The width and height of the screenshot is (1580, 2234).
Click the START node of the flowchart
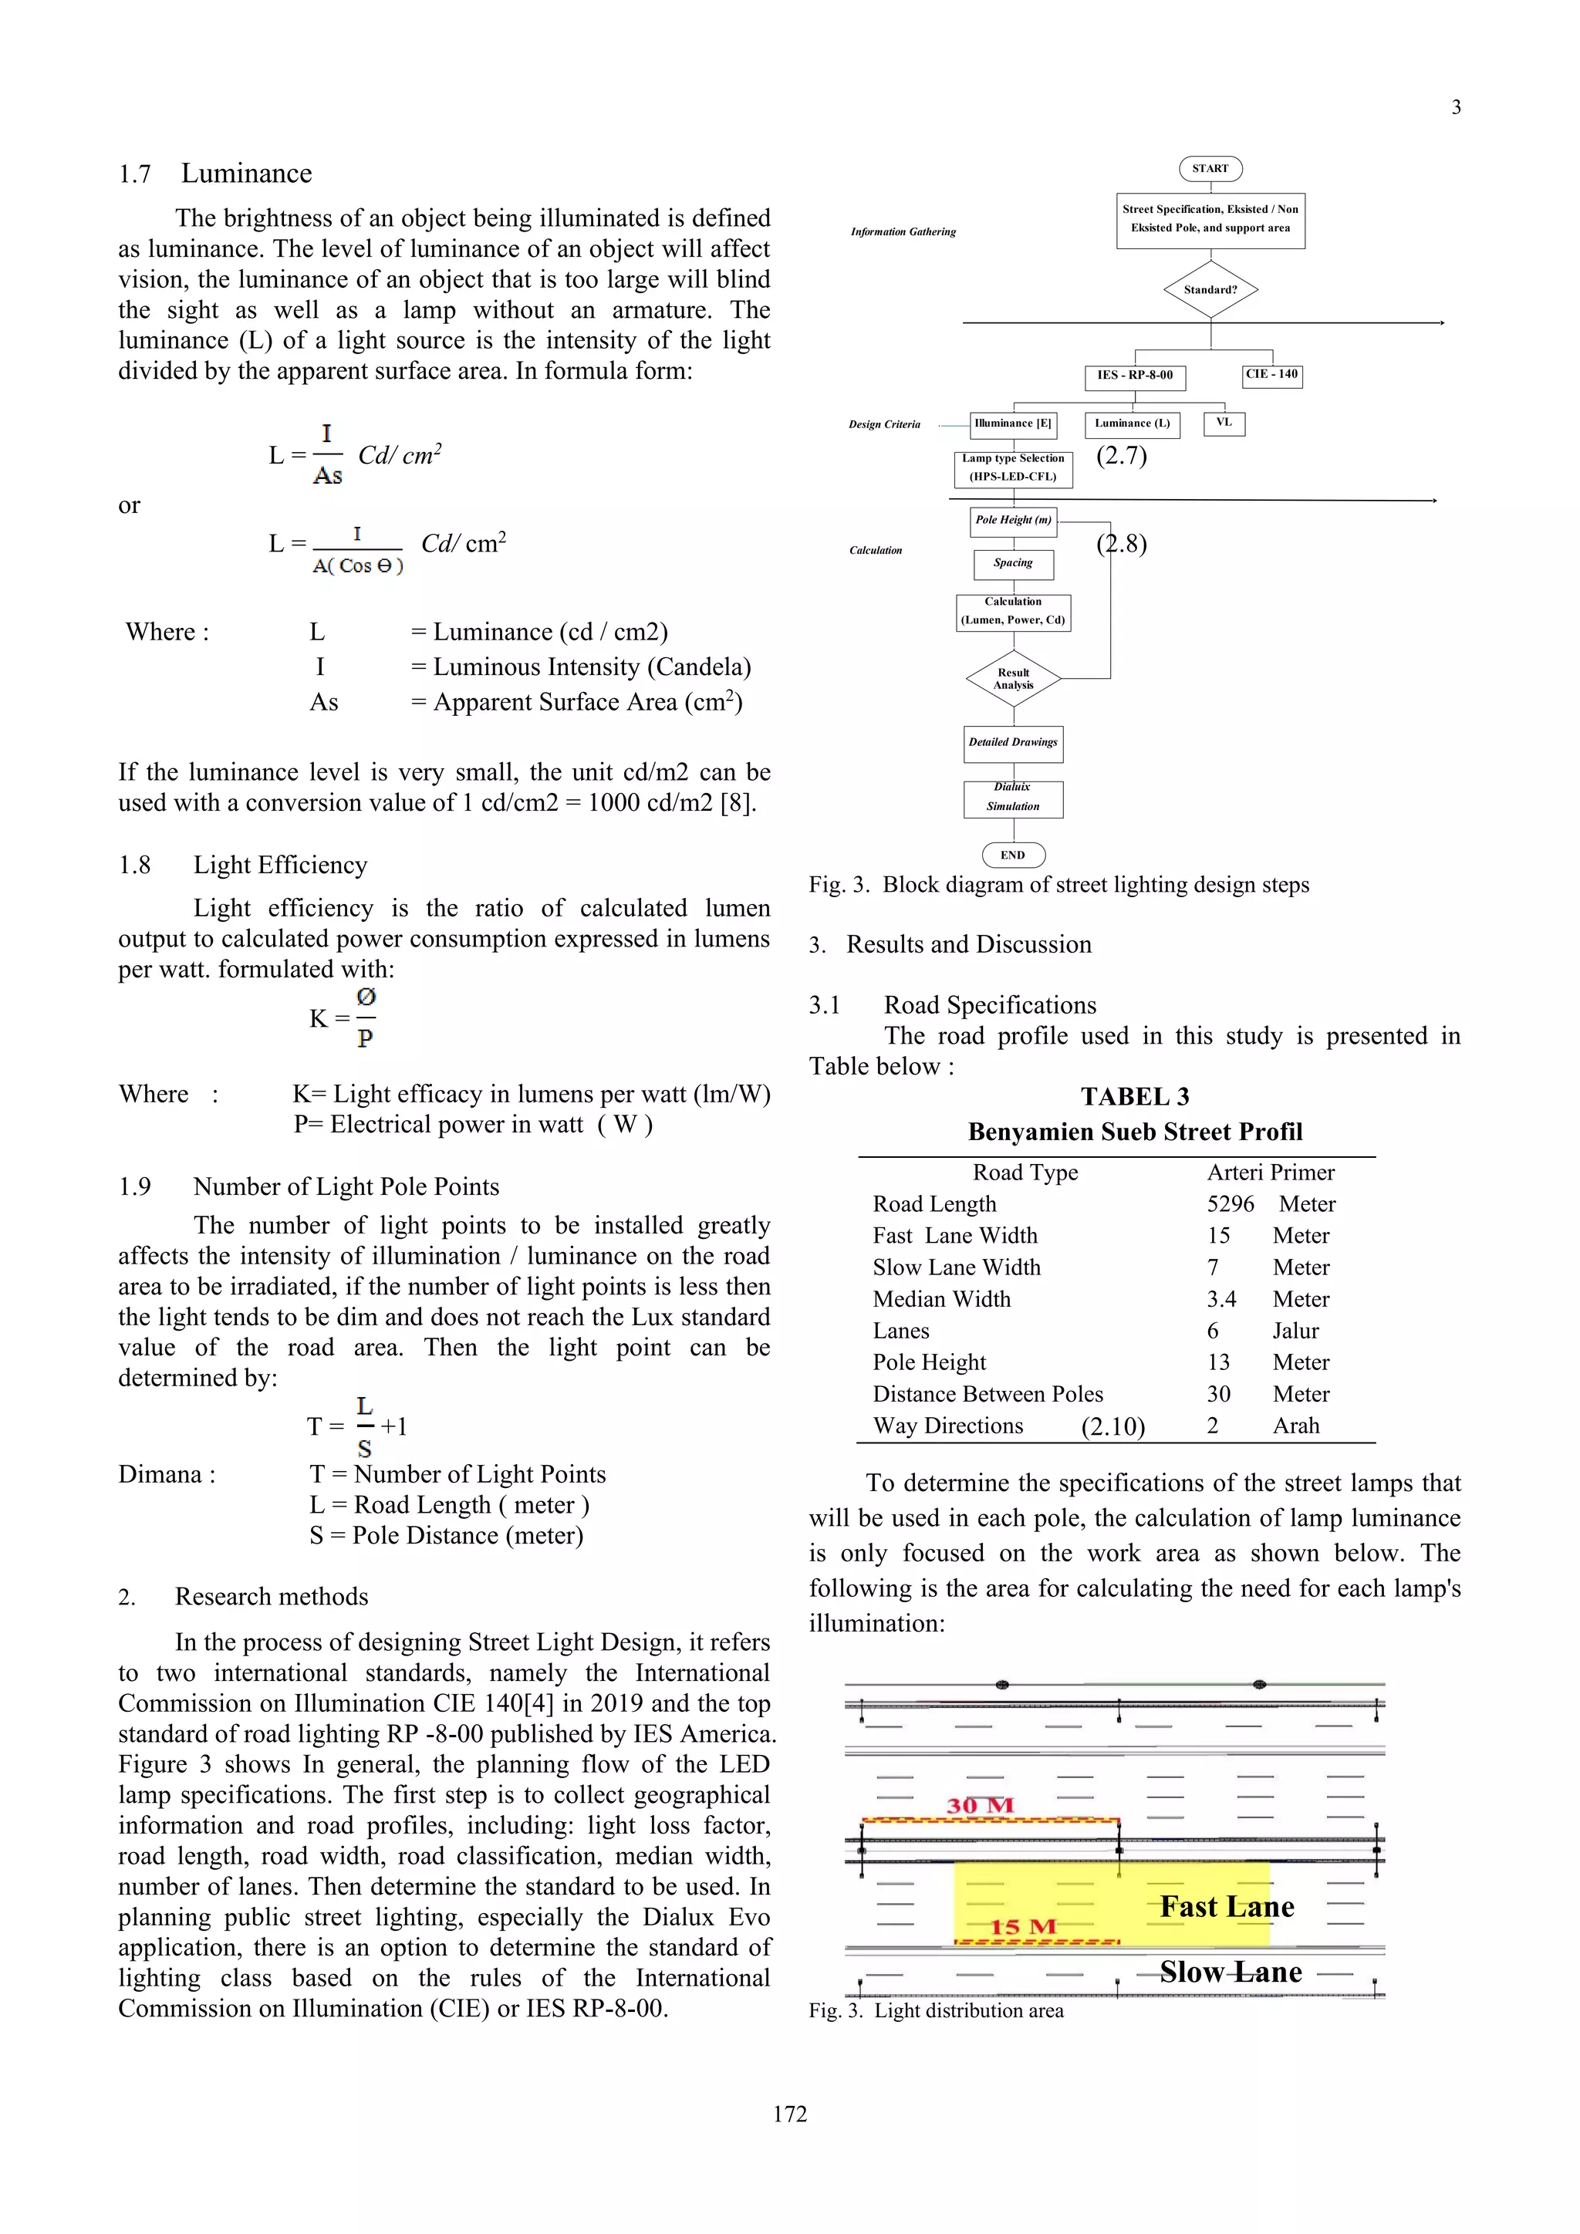coord(1210,168)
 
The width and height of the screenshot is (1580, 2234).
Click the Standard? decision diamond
coord(1210,289)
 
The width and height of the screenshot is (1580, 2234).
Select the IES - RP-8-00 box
coord(1134,376)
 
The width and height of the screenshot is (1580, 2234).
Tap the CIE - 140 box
coord(1271,376)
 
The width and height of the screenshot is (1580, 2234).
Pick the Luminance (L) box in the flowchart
coord(1132,424)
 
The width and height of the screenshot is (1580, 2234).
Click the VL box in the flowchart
coord(1224,424)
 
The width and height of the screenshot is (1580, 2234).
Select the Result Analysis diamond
coord(1013,678)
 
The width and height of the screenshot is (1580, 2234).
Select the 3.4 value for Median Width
coord(1221,1299)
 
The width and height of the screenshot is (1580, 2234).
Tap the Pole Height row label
coord(929,1362)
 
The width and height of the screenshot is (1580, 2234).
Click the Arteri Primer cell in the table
coord(1271,1173)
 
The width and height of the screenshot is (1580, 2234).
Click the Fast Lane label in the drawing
coord(1226,1907)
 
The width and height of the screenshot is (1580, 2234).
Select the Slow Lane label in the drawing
coord(1230,1972)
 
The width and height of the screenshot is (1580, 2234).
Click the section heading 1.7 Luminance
coord(215,174)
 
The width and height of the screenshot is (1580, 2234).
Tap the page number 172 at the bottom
coord(789,2114)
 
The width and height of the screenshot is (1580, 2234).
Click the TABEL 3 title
coord(1134,1097)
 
